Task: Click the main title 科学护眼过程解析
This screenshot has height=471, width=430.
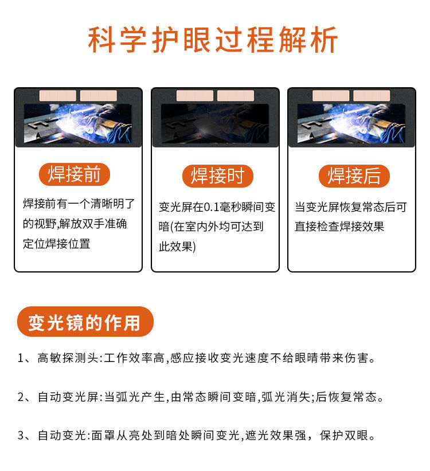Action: point(213,40)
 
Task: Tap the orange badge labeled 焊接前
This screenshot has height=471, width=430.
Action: point(75,174)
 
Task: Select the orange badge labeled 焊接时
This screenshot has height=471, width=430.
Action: point(218,176)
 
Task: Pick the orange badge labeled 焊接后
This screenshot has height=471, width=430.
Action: point(354,176)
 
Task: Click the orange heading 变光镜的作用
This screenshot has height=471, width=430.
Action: point(85,322)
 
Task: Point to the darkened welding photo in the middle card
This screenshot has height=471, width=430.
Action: point(215,123)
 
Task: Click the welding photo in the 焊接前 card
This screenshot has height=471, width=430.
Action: point(78,123)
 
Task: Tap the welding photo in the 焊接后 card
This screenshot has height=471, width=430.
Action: point(351,123)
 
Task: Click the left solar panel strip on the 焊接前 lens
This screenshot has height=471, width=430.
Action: point(58,96)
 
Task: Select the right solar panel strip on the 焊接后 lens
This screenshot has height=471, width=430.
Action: point(372,96)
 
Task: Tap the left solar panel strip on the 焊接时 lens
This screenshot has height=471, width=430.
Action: point(195,96)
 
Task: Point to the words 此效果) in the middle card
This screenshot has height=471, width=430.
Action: point(177,247)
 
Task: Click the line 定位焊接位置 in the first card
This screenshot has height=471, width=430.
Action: point(56,244)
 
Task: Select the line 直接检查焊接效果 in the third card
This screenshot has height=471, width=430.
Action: point(339,227)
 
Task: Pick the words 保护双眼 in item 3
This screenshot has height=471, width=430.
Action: point(344,435)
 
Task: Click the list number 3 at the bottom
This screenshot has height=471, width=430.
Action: point(21,435)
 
